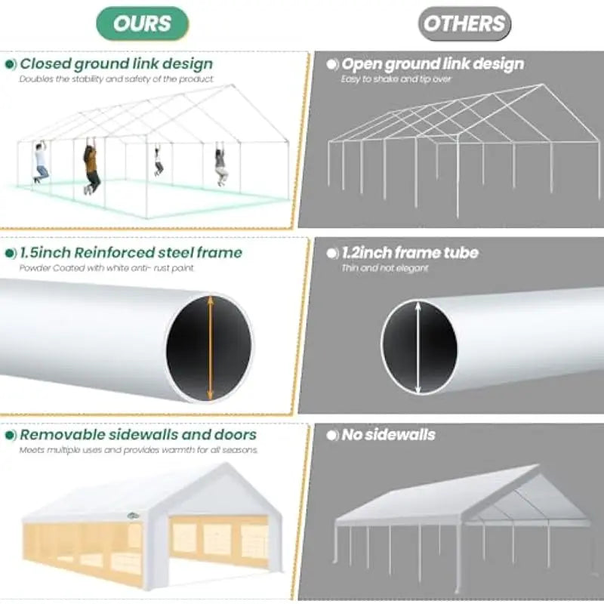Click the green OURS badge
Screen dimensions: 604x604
(x=142, y=23)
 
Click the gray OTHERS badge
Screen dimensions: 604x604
(x=464, y=23)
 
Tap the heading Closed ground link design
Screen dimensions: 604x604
(x=116, y=63)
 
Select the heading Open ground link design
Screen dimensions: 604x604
(x=433, y=64)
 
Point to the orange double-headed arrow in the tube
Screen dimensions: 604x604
(x=210, y=348)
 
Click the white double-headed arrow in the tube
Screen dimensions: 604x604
(x=418, y=348)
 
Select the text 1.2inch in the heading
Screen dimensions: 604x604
(x=366, y=253)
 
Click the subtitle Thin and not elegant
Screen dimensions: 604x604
(x=384, y=268)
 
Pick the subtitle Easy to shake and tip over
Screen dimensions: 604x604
(x=396, y=79)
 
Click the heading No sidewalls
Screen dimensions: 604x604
(x=388, y=435)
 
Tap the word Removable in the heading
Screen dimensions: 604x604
(x=62, y=435)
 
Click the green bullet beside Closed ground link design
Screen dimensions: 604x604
(x=11, y=64)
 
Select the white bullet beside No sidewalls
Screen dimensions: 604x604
(x=332, y=436)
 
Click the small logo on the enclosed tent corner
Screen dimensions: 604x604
(x=134, y=516)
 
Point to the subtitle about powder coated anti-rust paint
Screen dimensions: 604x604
(x=106, y=268)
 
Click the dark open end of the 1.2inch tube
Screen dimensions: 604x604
(x=420, y=348)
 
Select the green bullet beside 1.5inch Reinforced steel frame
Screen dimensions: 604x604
(x=11, y=253)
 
